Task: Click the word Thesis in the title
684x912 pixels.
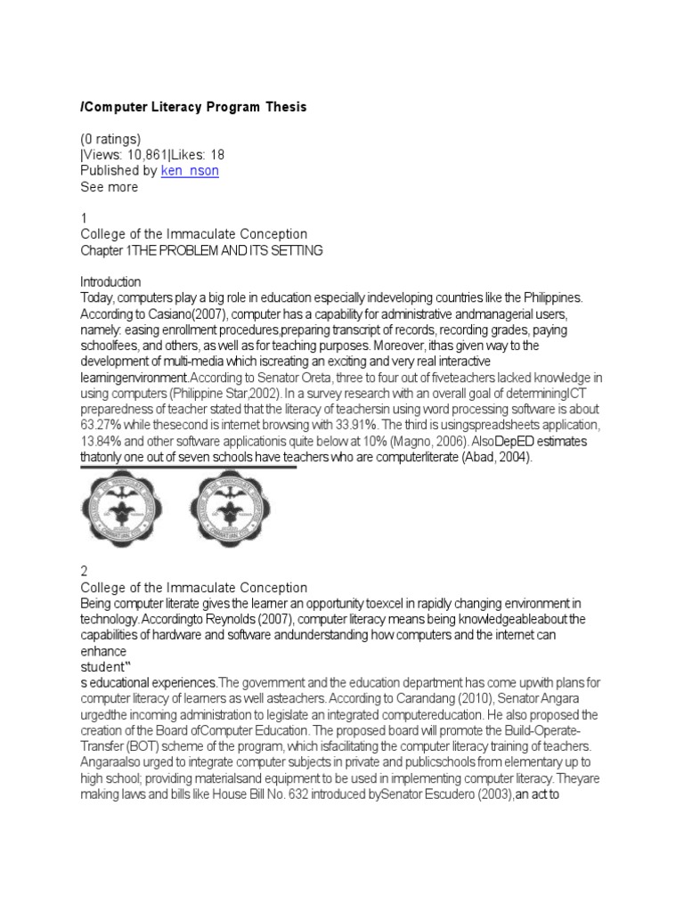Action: point(285,107)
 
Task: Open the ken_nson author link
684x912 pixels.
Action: point(190,170)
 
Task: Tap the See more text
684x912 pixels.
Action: point(110,187)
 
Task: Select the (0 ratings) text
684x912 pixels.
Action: point(111,138)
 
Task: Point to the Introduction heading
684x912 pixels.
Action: point(110,281)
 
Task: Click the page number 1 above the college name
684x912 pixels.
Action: point(85,218)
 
